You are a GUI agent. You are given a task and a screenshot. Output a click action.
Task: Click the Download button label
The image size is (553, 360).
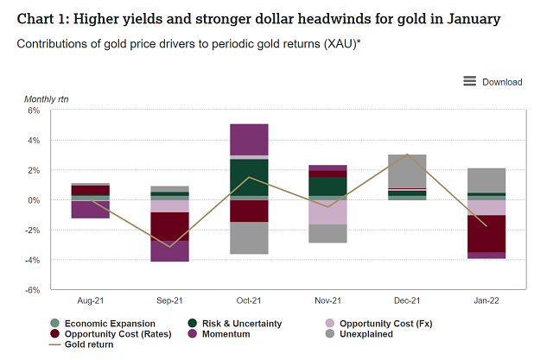click(x=502, y=82)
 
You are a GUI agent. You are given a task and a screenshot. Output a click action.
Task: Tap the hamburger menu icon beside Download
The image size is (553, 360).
click(x=470, y=81)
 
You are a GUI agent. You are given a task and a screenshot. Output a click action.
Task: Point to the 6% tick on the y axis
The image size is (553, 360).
click(x=35, y=111)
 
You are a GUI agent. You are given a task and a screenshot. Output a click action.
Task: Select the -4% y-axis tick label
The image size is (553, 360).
click(x=33, y=260)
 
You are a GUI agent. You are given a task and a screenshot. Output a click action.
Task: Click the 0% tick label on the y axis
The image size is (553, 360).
click(x=35, y=200)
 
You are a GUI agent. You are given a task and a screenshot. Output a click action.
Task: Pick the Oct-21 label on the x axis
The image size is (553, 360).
click(x=248, y=300)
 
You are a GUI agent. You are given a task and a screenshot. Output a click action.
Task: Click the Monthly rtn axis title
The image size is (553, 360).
click(x=47, y=99)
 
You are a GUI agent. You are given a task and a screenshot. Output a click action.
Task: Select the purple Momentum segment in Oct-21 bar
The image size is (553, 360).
click(x=248, y=140)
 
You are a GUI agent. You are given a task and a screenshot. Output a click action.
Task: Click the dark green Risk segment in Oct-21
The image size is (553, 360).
click(x=248, y=177)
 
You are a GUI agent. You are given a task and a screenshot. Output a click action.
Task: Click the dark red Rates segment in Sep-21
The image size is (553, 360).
click(x=169, y=226)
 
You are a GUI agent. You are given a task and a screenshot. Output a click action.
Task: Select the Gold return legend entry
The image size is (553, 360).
click(x=83, y=344)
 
